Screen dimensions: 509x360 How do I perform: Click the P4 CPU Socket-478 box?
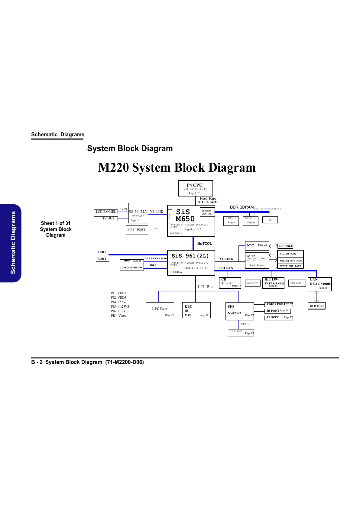[195, 188]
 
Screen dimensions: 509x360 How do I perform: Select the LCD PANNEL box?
[105, 212]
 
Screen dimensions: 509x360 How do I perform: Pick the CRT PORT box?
[137, 230]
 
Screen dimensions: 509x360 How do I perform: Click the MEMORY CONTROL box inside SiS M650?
[207, 212]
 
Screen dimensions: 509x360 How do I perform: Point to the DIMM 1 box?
[231, 221]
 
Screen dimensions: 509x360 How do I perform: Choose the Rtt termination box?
[271, 220]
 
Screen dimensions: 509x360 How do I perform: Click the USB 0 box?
[102, 252]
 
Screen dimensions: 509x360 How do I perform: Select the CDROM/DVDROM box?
[131, 267]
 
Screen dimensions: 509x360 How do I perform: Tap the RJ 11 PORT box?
[285, 246]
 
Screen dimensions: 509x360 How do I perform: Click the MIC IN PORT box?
[290, 254]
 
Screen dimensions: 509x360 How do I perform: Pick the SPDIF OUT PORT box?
[290, 266]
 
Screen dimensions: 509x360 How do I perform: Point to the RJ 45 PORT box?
[317, 306]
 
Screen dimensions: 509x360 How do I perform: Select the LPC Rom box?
[160, 310]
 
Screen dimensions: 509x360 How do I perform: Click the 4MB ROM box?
[241, 332]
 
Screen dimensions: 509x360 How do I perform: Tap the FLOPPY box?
[278, 317]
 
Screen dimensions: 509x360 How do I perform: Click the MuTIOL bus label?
[205, 244]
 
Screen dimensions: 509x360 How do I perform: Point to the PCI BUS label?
[226, 268]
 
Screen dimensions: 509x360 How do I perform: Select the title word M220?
[113, 167]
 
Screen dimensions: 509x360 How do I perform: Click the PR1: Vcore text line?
[118, 316]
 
